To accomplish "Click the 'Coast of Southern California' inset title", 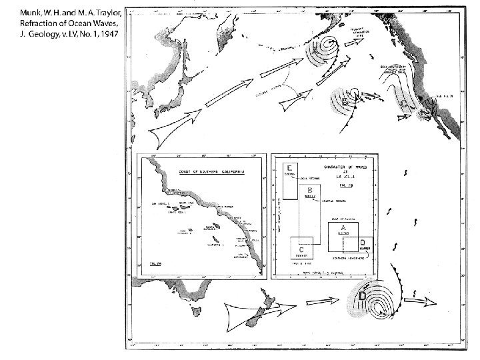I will click(204, 171).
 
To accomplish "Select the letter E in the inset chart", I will click(290, 167).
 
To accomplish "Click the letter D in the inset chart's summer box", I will click(361, 241).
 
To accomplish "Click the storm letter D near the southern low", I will click(363, 295).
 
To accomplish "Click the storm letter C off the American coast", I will click(404, 105).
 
